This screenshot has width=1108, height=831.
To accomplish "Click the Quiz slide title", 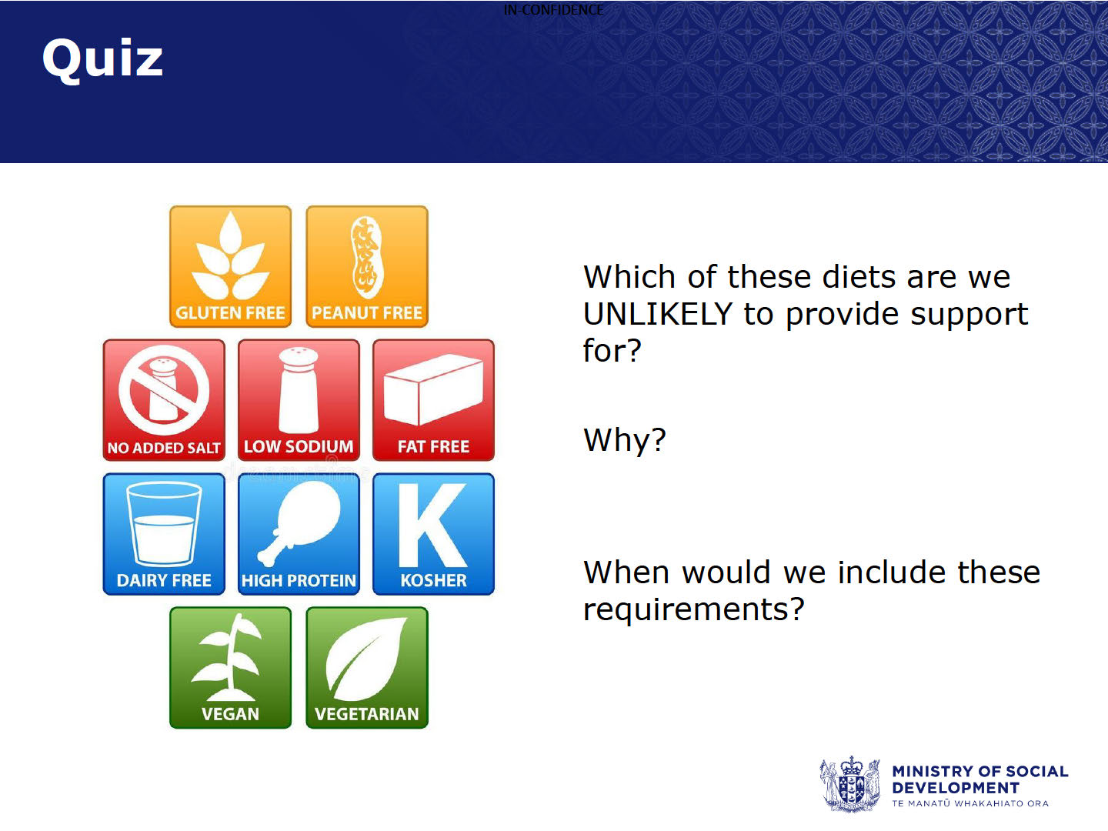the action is point(102,59).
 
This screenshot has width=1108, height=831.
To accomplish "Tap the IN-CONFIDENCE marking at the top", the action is point(553,9).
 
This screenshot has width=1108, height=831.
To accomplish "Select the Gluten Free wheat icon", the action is point(230,255).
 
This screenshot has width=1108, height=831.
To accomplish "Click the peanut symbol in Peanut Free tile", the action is point(367,257).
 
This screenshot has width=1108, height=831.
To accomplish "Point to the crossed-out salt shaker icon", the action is point(164,390).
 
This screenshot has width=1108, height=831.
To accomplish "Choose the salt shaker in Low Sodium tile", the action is point(299,390).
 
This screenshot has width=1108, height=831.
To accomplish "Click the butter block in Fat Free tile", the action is point(433,389).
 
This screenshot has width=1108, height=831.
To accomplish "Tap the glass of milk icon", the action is point(164,524).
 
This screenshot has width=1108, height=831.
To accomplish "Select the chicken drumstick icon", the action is point(299,522).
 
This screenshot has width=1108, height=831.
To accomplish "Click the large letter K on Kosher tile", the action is point(432,526).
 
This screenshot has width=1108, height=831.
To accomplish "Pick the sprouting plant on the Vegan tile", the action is point(230,657).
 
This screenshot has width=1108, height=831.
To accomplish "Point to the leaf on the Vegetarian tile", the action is point(366,659).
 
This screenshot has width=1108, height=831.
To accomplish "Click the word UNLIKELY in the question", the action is point(657,314).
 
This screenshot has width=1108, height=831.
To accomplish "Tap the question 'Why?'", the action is point(625,440).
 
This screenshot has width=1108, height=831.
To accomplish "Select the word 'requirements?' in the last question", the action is point(693,609).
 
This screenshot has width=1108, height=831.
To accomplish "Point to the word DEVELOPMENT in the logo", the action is point(956,788).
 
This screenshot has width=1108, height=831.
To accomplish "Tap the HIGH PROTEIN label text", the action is point(299,581).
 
